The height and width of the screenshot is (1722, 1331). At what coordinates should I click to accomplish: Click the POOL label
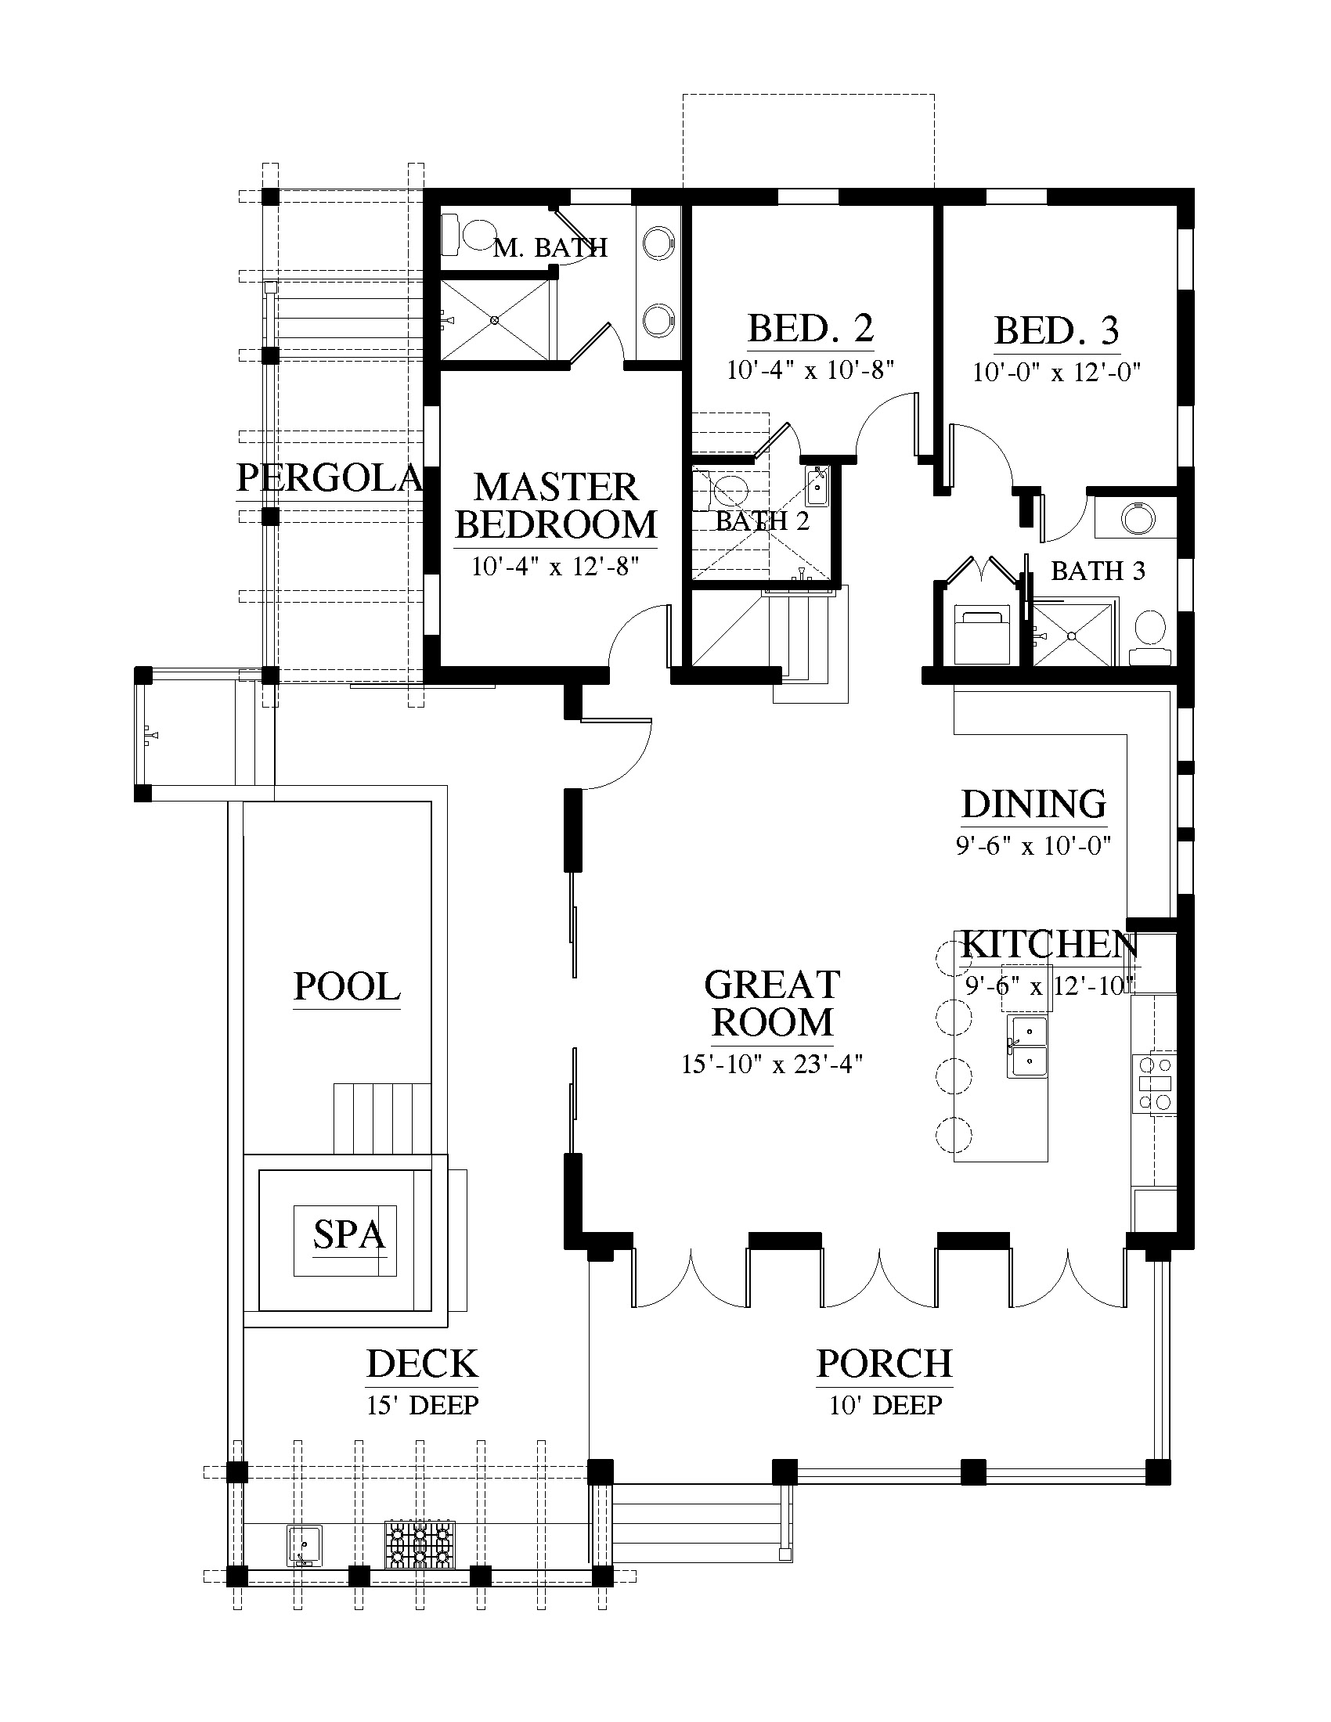tap(347, 986)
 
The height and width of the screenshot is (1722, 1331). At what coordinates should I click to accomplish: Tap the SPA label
tap(348, 1234)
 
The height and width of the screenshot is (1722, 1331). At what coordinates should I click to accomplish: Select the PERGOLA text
tap(330, 477)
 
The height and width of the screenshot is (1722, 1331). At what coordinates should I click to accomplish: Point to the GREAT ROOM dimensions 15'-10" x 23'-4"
tap(773, 1065)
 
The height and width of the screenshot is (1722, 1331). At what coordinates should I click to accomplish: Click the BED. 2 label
tap(811, 328)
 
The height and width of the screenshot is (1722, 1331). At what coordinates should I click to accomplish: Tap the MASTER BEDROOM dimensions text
tap(555, 566)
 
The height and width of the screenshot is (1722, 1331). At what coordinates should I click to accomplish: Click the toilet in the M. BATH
tap(468, 234)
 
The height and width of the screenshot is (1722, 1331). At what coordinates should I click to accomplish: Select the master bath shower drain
tap(493, 320)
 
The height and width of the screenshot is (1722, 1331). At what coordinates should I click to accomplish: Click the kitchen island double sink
tap(1026, 1047)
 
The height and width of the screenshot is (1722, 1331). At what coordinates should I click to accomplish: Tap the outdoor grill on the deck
tap(420, 1543)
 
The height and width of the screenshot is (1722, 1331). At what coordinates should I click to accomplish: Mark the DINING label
tap(1033, 803)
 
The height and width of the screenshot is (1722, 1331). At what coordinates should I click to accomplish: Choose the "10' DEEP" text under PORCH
tap(886, 1404)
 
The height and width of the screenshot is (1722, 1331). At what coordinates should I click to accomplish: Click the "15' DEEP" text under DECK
tap(423, 1404)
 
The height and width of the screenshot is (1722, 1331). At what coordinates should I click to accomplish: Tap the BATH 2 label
tap(763, 521)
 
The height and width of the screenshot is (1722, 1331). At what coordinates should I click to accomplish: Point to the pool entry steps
tap(382, 1119)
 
